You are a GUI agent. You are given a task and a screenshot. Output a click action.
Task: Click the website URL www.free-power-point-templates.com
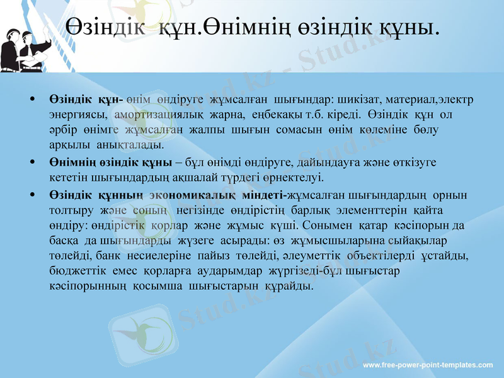pyautogui.click(x=429, y=365)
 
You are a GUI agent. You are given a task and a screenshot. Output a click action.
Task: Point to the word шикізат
pyautogui.click(x=356, y=100)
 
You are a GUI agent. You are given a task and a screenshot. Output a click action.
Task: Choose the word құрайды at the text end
pyautogui.click(x=292, y=286)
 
